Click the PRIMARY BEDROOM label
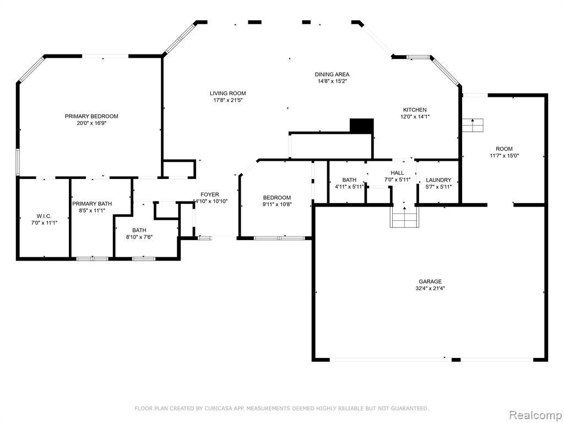pyautogui.click(x=91, y=116)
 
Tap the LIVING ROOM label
pyautogui.click(x=228, y=94)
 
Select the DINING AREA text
pyautogui.click(x=332, y=74)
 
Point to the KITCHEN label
pyautogui.click(x=415, y=110)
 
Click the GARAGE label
pyautogui.click(x=430, y=281)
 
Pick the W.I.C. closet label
pyautogui.click(x=44, y=216)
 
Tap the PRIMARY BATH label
pyautogui.click(x=92, y=204)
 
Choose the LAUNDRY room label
pyautogui.click(x=438, y=180)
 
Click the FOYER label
pyautogui.click(x=210, y=194)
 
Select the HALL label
pyautogui.click(x=397, y=173)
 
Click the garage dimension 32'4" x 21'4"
pyautogui.click(x=430, y=289)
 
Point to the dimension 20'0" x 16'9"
pyautogui.click(x=91, y=123)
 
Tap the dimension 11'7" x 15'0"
pyautogui.click(x=505, y=156)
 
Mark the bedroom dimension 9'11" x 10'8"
pyautogui.click(x=277, y=204)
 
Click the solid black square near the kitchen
pyautogui.click(x=362, y=126)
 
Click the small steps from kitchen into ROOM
pyautogui.click(x=473, y=125)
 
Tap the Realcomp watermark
pyautogui.click(x=535, y=415)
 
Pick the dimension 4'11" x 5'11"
pyautogui.click(x=349, y=187)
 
